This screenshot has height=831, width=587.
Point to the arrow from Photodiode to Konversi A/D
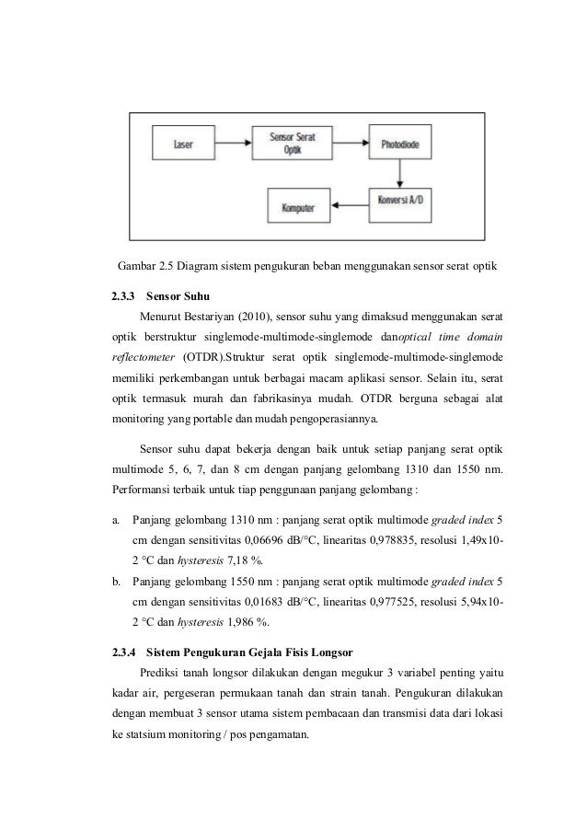(x=400, y=173)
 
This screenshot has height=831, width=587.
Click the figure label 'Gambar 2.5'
(x=146, y=268)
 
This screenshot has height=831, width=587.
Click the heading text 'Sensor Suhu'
(x=178, y=297)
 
